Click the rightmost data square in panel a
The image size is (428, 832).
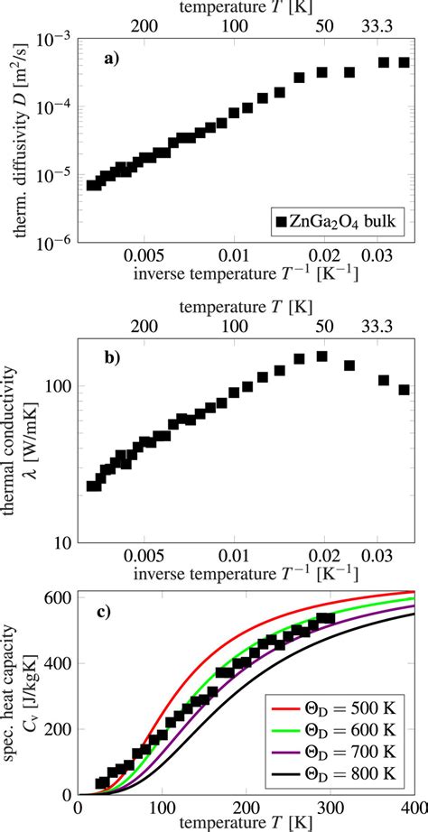coord(405,62)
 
